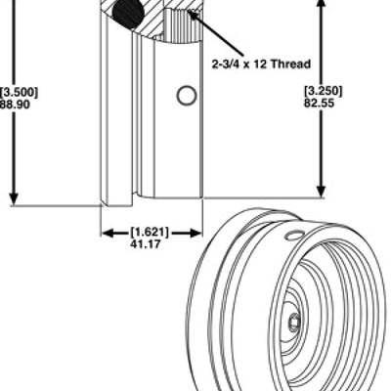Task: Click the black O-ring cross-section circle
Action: coord(125,15)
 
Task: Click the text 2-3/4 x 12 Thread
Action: coord(261,64)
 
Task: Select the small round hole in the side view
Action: coord(186,95)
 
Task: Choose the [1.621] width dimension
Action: coord(150,233)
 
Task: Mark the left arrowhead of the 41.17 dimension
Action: coord(108,233)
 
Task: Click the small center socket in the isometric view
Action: coord(293,321)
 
